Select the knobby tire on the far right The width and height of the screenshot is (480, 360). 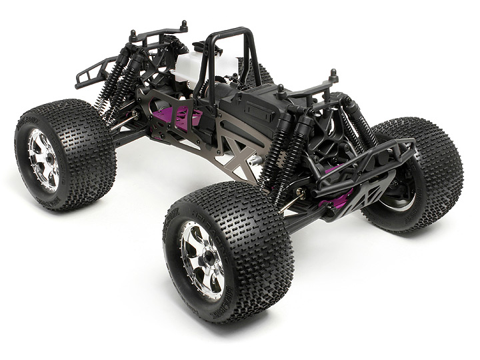coord(437,167)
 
